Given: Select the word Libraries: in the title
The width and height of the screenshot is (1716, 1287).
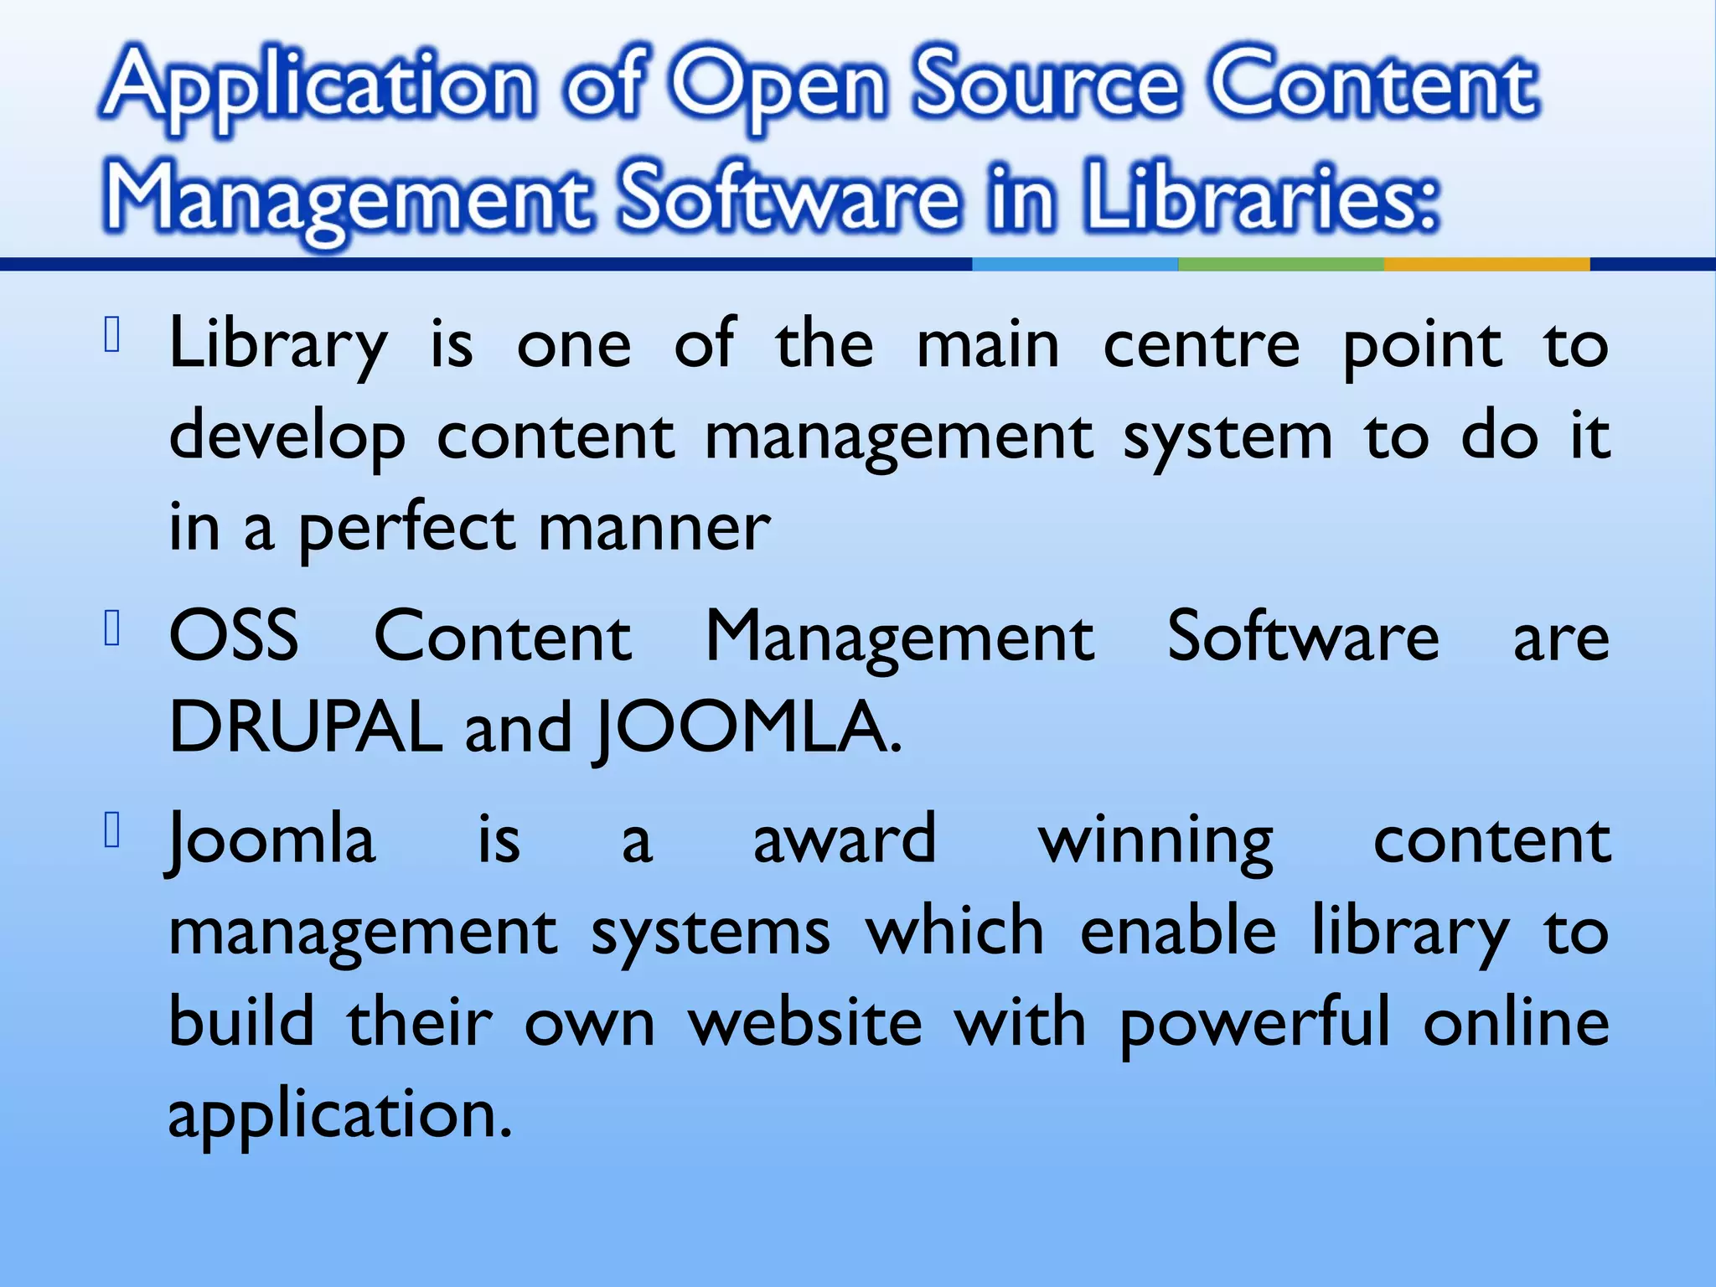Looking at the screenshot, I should [x=1261, y=196].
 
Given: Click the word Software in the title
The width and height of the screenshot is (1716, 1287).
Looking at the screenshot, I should [x=788, y=196].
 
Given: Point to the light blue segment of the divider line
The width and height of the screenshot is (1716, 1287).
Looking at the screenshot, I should [x=1075, y=264].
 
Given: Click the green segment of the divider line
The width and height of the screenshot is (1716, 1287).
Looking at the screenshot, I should [x=1280, y=264].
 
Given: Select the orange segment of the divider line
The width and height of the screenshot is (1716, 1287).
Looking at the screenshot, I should [x=1486, y=264].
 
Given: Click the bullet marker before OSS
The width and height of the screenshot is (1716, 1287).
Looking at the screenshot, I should [x=114, y=628].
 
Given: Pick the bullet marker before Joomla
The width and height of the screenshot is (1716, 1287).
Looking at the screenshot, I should [x=114, y=830].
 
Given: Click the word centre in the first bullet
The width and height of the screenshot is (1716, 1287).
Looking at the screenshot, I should [x=1201, y=345].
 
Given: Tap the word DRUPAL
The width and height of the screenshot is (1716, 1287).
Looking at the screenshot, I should [x=305, y=727].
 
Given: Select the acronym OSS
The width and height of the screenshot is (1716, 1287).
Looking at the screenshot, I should [x=234, y=636].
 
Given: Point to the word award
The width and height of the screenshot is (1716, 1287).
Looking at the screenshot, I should [x=844, y=840].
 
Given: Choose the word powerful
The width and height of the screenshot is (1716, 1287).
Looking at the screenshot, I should [x=1254, y=1024].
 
